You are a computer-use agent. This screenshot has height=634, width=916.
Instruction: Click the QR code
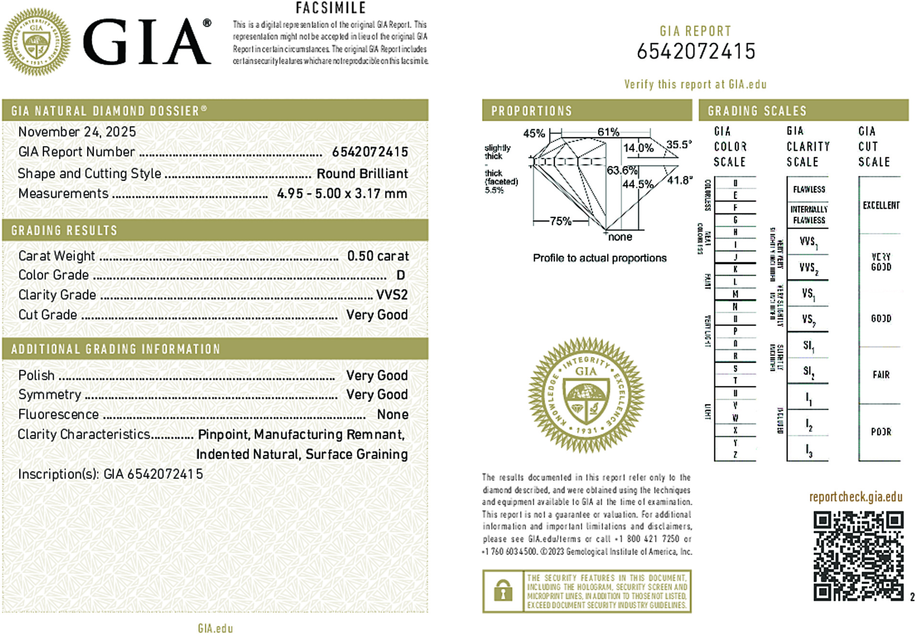click(x=858, y=556)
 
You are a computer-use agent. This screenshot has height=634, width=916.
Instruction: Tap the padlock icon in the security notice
click(x=503, y=591)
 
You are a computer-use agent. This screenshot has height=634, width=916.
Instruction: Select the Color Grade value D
click(x=400, y=275)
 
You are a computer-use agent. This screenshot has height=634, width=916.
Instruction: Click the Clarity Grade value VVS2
click(x=392, y=295)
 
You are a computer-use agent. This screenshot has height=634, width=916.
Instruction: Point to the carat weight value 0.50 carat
click(x=378, y=256)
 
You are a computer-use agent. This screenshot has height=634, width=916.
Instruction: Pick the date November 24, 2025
click(x=77, y=132)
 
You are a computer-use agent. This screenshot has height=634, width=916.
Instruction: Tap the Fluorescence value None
click(x=393, y=415)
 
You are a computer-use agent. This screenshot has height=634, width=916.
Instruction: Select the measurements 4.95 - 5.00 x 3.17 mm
click(x=342, y=194)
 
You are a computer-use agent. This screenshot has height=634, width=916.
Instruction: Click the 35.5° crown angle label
click(x=679, y=145)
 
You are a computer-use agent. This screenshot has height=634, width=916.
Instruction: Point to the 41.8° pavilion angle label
click(x=680, y=180)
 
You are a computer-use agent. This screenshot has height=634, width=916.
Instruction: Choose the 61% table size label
click(x=608, y=132)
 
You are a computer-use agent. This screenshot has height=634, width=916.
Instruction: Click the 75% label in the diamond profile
click(x=560, y=221)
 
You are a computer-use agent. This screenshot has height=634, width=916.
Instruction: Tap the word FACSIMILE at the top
click(x=331, y=8)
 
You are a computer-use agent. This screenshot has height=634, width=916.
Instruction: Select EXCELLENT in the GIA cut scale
click(x=881, y=206)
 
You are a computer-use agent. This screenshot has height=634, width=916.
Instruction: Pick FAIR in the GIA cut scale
click(x=881, y=375)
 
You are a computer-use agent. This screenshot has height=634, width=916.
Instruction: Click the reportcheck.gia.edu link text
click(x=855, y=497)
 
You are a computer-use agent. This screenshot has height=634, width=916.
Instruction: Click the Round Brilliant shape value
click(x=362, y=174)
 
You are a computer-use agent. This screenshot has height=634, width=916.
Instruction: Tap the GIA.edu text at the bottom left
click(x=215, y=628)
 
